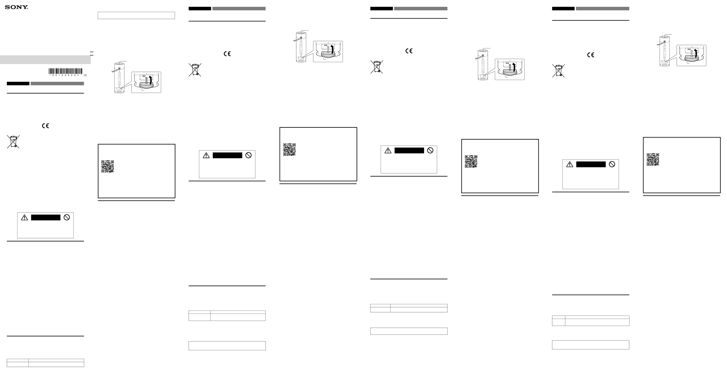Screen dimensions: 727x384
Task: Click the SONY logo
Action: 16,7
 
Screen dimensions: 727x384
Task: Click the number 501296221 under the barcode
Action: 65,75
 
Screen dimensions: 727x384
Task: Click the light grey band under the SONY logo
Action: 45,59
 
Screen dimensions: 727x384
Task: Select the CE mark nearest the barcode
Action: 45,126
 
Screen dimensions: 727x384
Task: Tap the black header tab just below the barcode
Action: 18,84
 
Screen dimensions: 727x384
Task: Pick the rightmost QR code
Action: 653,159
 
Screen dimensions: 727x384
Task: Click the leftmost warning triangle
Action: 25,218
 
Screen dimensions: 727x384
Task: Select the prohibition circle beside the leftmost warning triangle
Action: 67,217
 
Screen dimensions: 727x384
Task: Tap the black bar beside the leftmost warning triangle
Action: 46,217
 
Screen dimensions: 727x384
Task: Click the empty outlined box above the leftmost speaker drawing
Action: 136,16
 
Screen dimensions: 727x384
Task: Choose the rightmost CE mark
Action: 591,55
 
